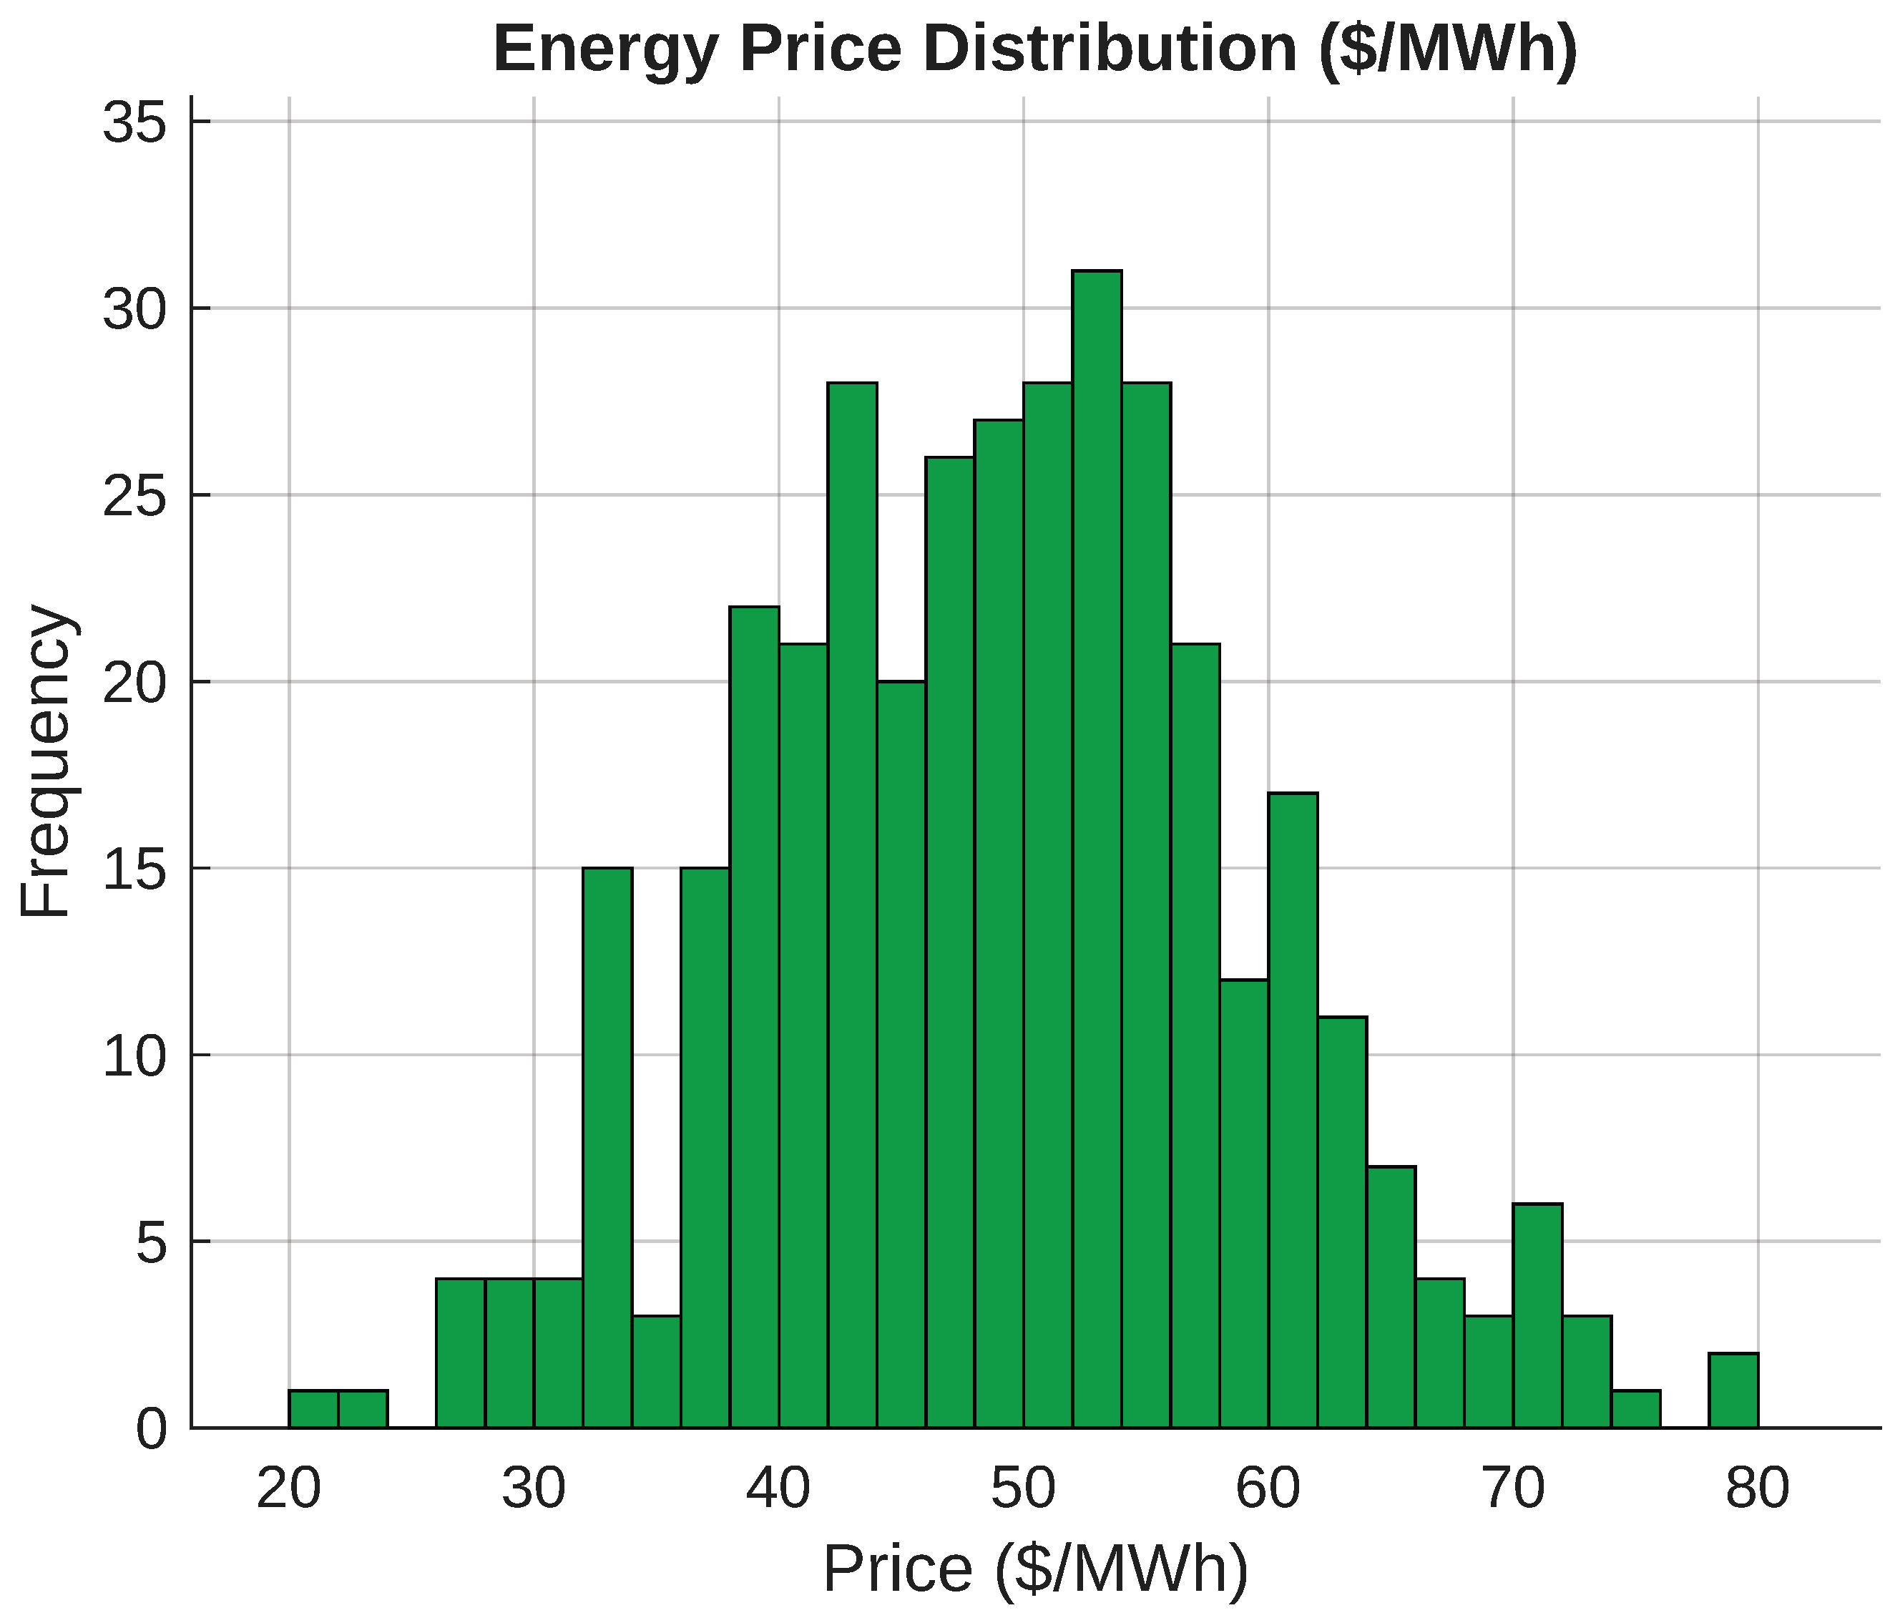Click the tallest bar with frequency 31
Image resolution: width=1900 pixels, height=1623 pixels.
[x=1097, y=849]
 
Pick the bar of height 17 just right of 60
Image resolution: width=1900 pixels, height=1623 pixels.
[x=1293, y=1110]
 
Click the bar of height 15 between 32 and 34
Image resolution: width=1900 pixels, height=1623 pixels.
[x=607, y=1147]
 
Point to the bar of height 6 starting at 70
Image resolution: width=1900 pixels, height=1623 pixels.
[x=1538, y=1316]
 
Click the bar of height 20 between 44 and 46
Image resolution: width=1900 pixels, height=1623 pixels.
[x=901, y=1054]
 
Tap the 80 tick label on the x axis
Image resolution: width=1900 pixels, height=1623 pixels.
[x=1757, y=1488]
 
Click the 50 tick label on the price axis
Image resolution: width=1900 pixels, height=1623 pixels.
[x=1024, y=1488]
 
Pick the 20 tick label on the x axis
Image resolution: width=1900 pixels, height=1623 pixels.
[x=289, y=1488]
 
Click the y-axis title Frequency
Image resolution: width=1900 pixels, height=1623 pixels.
[x=46, y=761]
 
